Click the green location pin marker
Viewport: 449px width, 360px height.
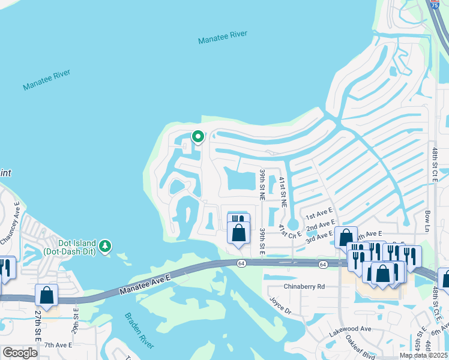click(197, 137)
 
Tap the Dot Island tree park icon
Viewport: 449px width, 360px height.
click(106, 245)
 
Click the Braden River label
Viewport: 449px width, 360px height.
click(139, 330)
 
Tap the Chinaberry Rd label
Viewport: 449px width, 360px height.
click(304, 287)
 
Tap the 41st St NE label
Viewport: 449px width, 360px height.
click(282, 191)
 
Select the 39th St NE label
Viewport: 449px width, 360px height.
click(262, 184)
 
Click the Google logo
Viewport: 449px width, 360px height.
click(20, 353)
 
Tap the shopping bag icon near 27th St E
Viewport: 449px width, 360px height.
click(46, 295)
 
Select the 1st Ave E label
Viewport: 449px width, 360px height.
click(319, 214)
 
